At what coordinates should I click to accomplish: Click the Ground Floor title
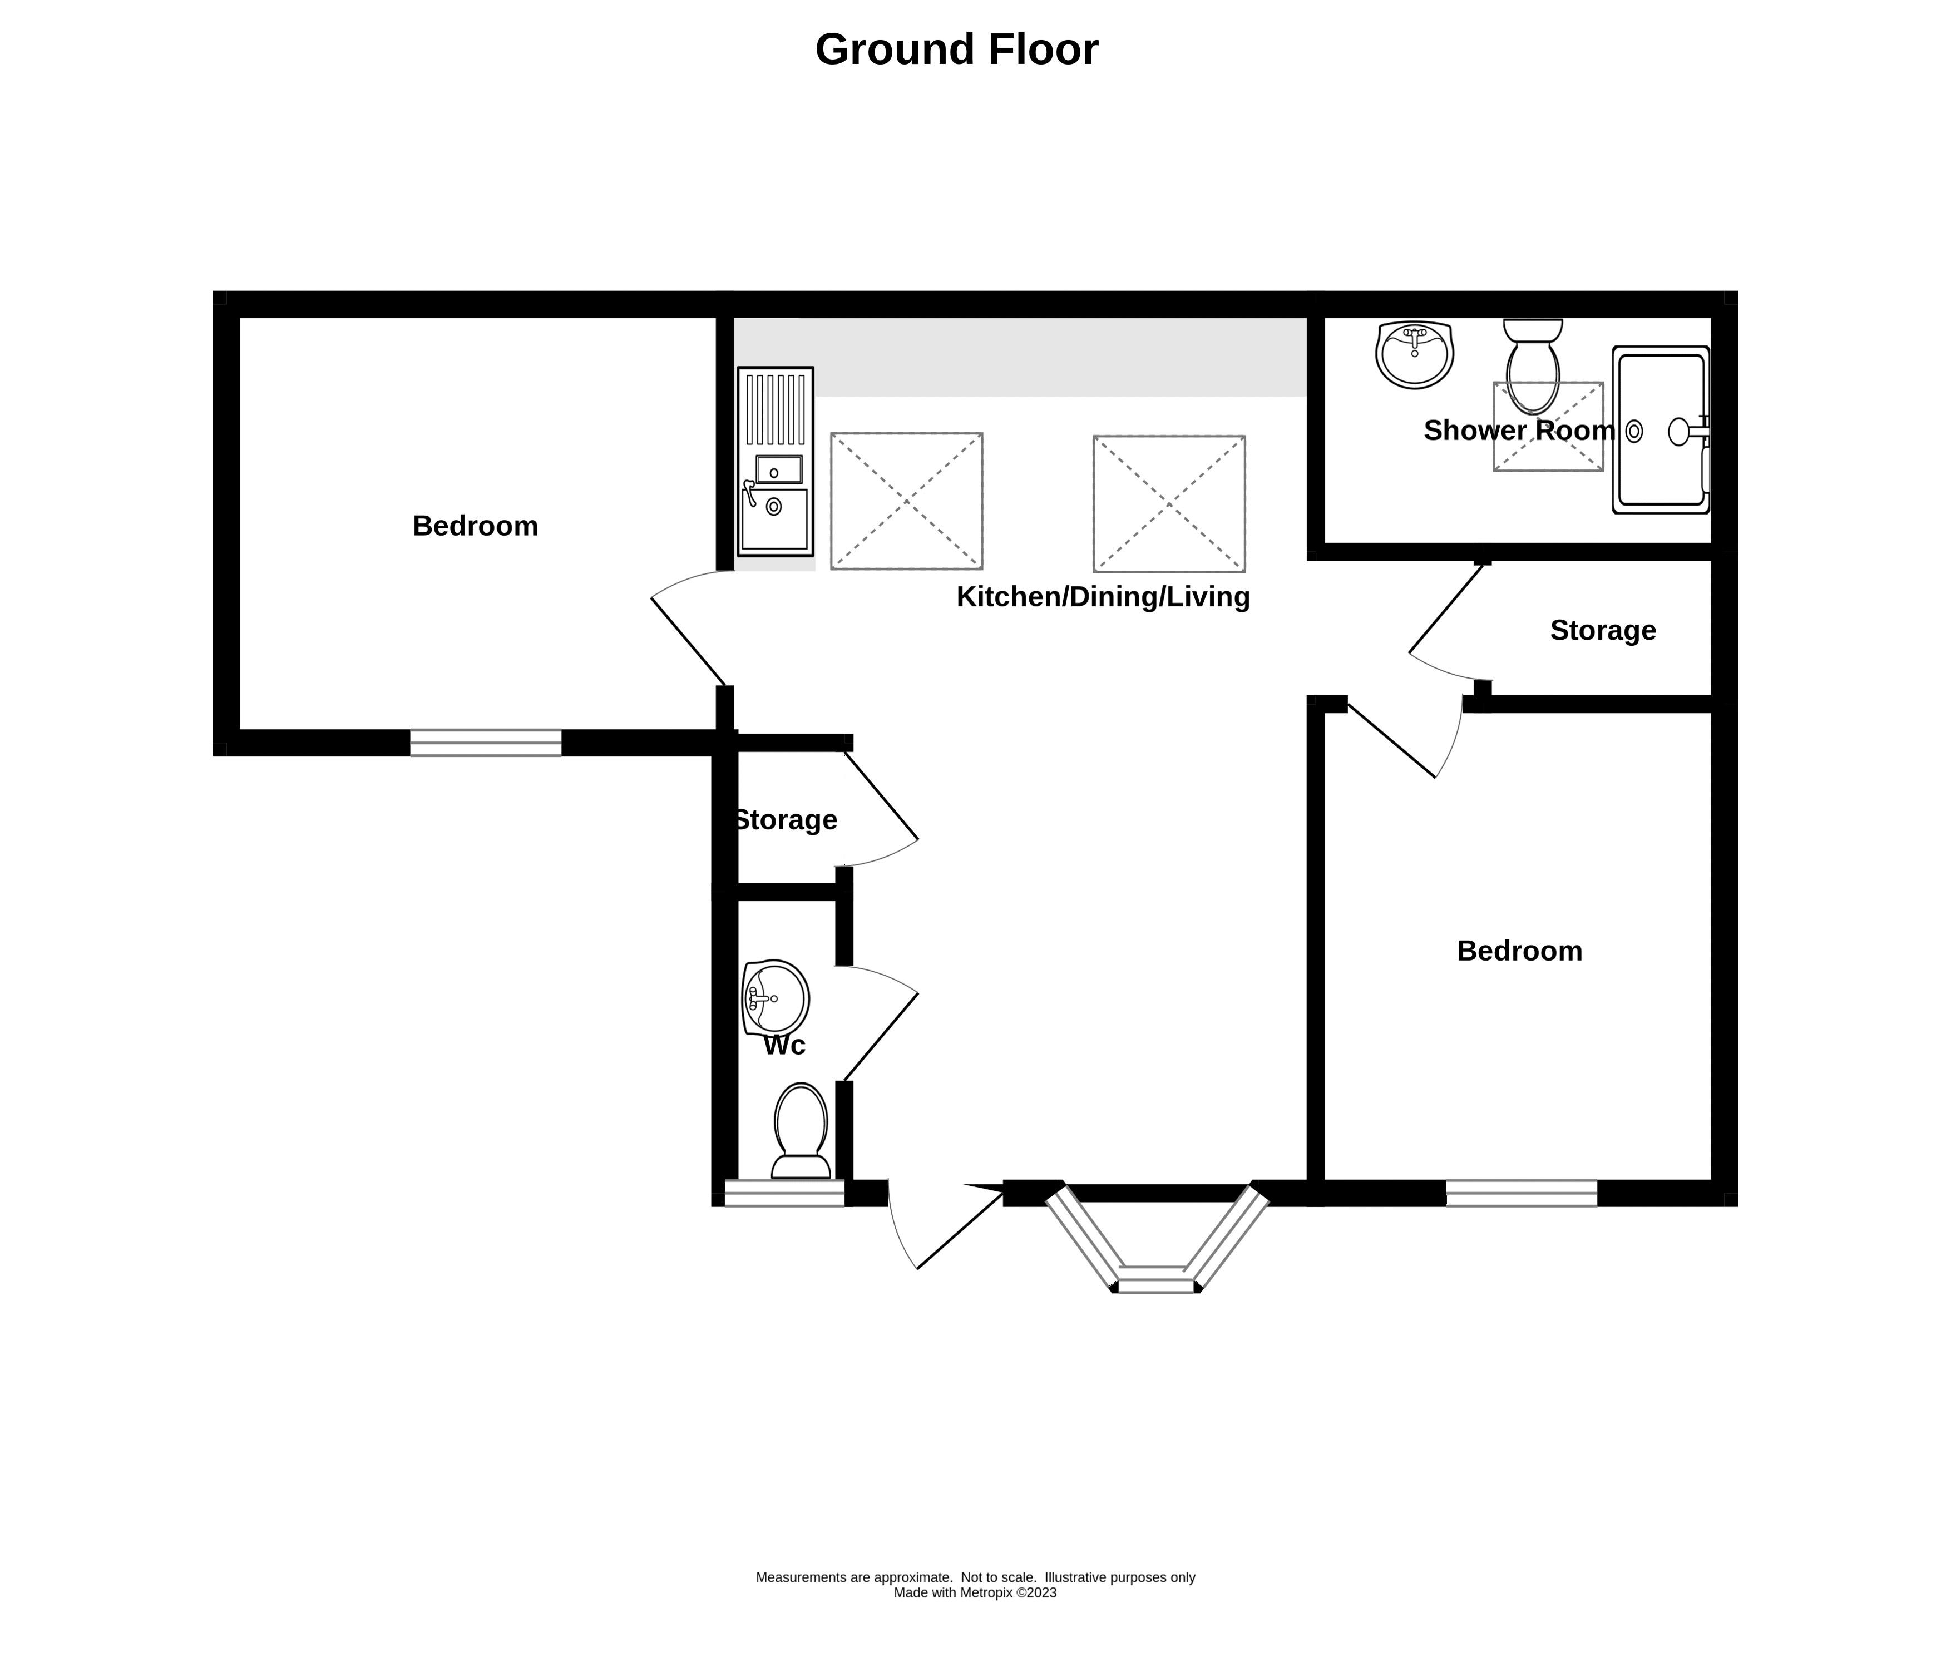coord(957,50)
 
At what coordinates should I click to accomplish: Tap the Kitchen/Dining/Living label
coord(1103,597)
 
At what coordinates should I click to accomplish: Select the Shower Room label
coord(1519,431)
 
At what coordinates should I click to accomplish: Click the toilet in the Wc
coord(801,1131)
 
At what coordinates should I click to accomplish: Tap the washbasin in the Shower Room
coord(1414,354)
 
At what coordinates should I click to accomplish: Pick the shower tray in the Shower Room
coord(1661,429)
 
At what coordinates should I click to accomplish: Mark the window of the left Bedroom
coord(486,743)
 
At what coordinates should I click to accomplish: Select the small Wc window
coord(784,1193)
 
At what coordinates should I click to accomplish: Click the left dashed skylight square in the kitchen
coord(907,501)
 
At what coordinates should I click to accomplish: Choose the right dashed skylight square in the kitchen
coord(1169,504)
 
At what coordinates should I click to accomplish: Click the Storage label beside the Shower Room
coord(1603,630)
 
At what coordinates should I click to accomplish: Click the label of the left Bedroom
coord(476,526)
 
